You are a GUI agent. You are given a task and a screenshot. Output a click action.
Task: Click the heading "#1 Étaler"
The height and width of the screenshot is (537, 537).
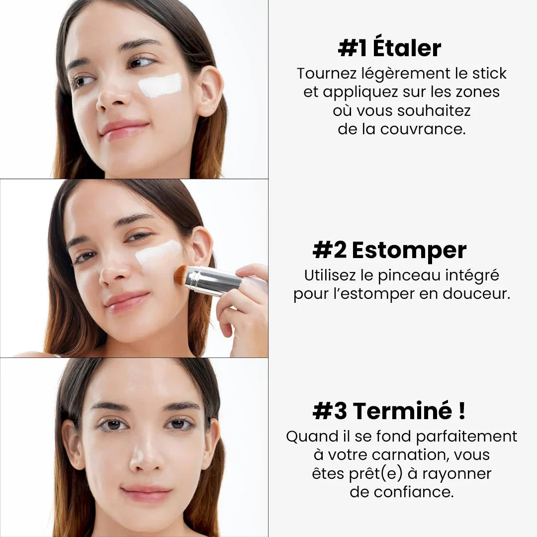[389, 48]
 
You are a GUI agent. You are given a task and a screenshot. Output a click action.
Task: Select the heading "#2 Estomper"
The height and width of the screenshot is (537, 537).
[389, 250]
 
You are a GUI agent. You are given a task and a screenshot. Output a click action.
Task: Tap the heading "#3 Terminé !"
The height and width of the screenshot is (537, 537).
[389, 411]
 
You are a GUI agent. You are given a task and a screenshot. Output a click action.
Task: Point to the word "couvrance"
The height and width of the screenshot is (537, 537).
[423, 129]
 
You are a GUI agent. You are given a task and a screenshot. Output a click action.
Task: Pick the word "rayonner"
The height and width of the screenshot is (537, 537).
[456, 474]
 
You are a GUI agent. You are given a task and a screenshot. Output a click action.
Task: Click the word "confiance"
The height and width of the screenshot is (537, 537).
[414, 492]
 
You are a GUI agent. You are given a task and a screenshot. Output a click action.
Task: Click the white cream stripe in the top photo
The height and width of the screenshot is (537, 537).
[160, 86]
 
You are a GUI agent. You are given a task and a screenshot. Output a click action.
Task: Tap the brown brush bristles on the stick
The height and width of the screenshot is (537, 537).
[181, 275]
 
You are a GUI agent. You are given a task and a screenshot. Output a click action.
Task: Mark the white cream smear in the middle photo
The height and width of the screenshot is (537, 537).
[158, 255]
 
